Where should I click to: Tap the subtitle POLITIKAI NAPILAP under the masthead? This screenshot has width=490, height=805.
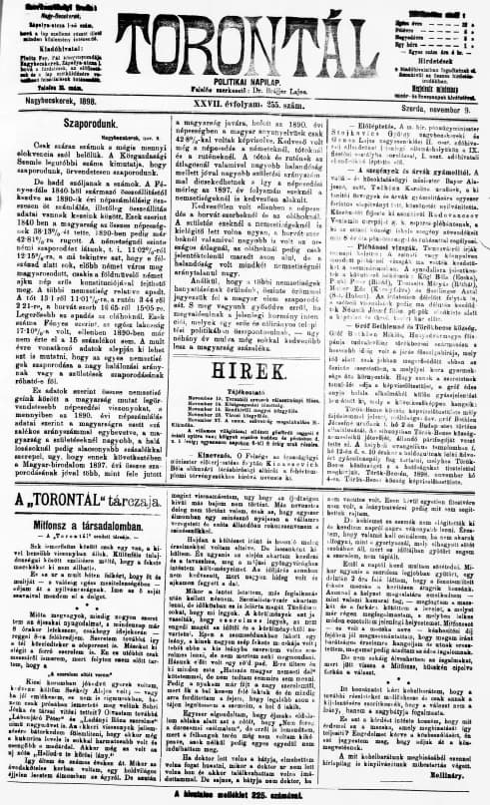pyautogui.click(x=245, y=61)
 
